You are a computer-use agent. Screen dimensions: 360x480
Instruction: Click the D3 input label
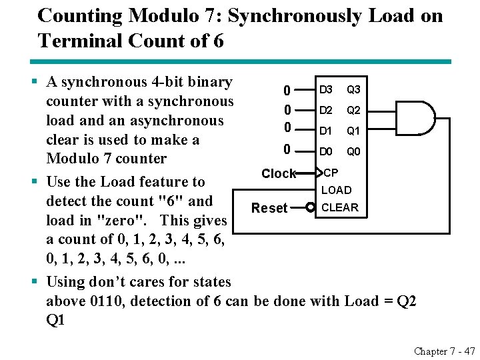[x=326, y=89]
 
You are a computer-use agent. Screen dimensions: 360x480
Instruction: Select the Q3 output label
[x=353, y=89]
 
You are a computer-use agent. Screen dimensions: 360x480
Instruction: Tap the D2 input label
[x=326, y=110]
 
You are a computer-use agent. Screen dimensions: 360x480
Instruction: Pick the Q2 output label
[x=353, y=110]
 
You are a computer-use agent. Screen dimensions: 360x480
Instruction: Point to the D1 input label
[x=326, y=131]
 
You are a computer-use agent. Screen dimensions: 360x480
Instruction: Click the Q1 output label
[x=353, y=131]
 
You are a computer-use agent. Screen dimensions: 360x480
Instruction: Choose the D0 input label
[x=326, y=152]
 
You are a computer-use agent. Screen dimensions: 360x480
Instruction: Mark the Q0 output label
[x=353, y=152]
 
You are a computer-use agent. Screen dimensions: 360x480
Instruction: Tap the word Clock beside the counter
[x=279, y=174]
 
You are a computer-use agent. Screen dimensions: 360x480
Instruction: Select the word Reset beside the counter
[x=269, y=208]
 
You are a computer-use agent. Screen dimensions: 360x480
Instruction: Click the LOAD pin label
[x=337, y=191]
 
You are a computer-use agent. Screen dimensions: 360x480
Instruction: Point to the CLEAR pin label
[x=339, y=207]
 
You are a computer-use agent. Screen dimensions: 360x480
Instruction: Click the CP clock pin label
[x=331, y=173]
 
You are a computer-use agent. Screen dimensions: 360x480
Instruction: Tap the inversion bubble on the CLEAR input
[x=310, y=207]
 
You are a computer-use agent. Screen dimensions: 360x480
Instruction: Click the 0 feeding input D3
[x=287, y=90]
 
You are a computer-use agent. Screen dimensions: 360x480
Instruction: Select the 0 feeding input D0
[x=287, y=150]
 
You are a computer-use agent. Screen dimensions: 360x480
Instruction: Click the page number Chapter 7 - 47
[x=445, y=351]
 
